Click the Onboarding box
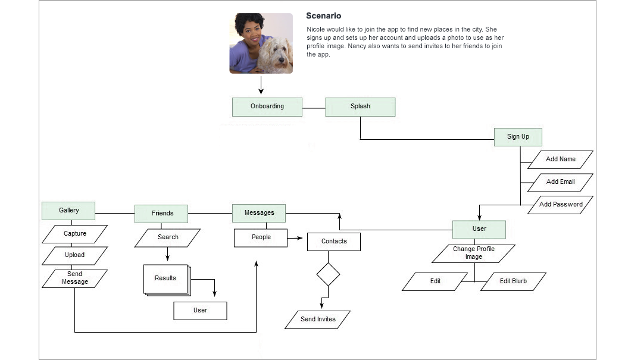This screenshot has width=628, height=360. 267,107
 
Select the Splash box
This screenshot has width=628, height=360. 360,107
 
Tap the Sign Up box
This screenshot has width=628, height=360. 518,137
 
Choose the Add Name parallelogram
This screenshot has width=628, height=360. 561,159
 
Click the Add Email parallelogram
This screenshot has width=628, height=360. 561,182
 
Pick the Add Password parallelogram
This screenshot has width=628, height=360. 561,205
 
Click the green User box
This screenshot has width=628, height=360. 479,229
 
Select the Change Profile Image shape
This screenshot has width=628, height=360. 473,253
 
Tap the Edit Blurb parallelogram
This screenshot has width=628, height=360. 513,281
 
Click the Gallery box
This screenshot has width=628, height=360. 68,211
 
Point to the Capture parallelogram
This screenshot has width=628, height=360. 75,234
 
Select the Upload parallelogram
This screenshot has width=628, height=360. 75,255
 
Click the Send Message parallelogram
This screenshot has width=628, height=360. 75,278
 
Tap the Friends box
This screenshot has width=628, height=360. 162,214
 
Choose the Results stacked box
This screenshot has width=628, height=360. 165,278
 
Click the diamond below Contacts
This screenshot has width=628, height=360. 328,274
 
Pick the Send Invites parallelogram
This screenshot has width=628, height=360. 318,320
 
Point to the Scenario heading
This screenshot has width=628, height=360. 324,16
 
